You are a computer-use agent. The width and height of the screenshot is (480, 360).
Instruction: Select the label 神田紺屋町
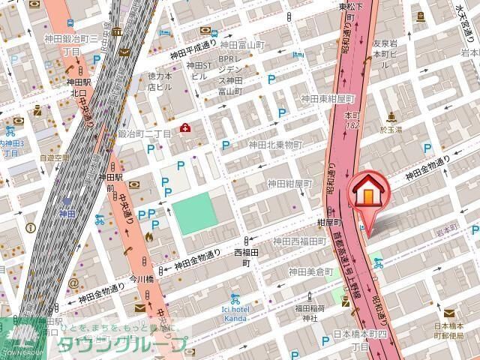point(289,184)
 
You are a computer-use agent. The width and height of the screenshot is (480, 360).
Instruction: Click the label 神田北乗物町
point(275,144)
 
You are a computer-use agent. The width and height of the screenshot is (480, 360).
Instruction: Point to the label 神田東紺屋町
point(327,99)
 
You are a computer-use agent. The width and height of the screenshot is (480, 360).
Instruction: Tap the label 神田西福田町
point(299,241)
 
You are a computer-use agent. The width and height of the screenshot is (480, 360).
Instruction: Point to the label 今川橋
point(141,278)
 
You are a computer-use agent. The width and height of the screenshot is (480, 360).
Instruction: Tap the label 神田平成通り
point(194,52)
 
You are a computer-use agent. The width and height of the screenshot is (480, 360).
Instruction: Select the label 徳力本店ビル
point(160,81)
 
